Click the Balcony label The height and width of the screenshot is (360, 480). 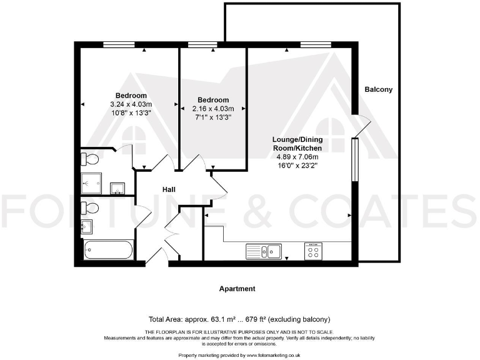379,89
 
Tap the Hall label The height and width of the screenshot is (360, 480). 169,189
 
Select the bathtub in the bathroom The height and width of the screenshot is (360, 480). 109,251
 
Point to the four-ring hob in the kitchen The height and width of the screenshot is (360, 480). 312,251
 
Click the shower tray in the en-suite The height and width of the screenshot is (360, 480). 94,184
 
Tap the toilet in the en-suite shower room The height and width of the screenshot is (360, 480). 89,158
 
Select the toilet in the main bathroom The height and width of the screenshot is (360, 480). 90,207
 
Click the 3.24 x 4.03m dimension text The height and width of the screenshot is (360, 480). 131,104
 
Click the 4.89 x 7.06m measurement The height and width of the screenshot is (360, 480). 297,157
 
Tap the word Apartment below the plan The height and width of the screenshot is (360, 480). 237,289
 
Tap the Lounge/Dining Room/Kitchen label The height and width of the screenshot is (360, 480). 297,143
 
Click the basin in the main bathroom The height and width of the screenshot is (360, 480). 86,225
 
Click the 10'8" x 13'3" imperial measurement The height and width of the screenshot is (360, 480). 131,112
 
